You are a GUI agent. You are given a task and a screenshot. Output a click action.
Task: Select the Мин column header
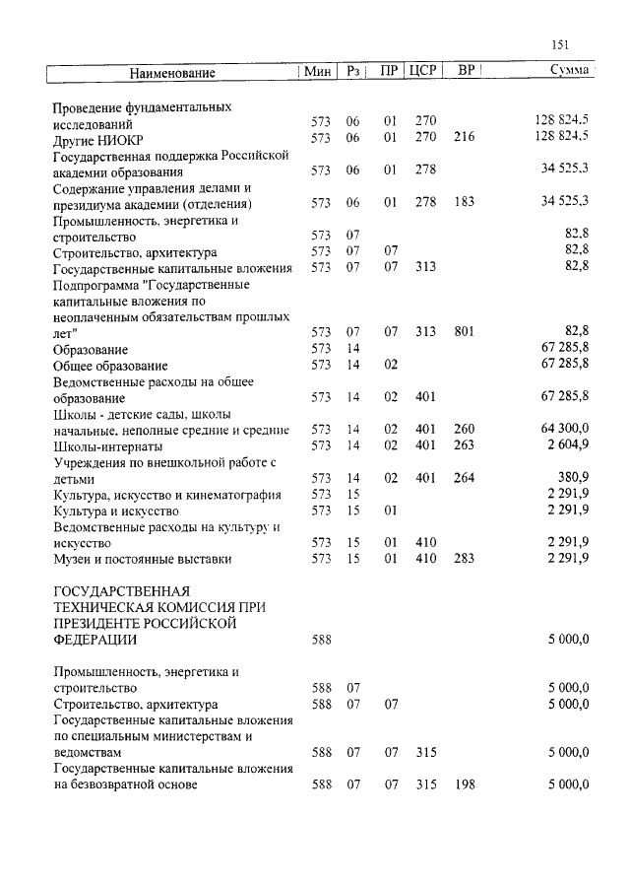(317, 72)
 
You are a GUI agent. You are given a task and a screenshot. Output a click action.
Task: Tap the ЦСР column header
(423, 72)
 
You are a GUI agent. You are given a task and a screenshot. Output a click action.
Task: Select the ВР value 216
(464, 138)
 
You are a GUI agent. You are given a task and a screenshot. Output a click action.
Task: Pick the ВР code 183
(464, 202)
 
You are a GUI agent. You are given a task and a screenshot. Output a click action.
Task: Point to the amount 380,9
(572, 478)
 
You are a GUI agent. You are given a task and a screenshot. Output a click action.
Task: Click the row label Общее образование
(110, 365)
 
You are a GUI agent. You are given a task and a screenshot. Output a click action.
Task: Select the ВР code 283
(464, 559)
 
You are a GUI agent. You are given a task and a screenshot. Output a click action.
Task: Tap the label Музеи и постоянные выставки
(142, 559)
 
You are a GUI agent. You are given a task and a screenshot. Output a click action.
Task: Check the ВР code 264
(464, 478)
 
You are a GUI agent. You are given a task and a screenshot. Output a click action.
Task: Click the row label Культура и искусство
(115, 511)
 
